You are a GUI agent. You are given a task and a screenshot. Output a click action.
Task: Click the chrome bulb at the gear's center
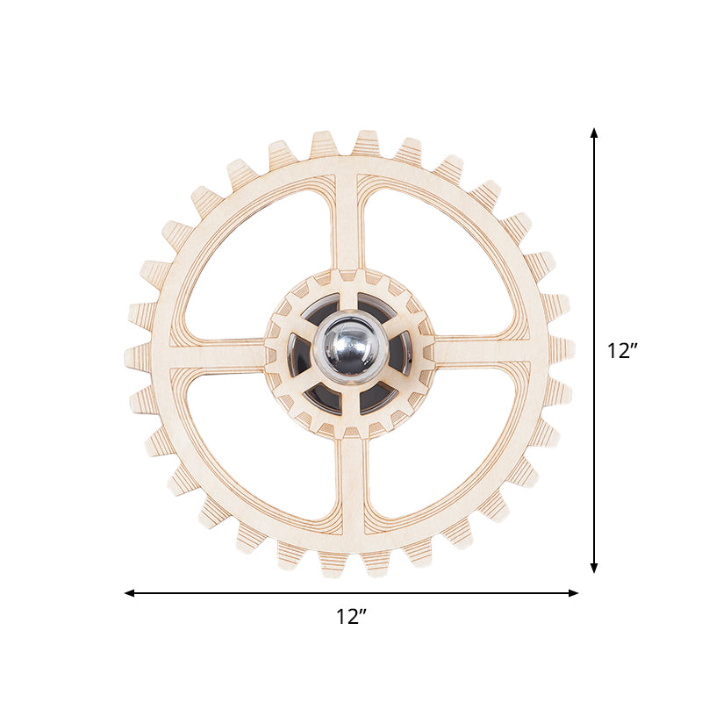click(350, 347)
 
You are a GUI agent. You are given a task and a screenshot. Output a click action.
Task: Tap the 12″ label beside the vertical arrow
click(621, 350)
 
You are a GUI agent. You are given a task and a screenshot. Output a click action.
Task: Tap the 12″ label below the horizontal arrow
click(351, 617)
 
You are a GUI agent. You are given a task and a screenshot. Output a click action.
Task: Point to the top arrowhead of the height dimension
click(594, 133)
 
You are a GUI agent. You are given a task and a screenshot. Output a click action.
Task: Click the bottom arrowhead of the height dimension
click(594, 568)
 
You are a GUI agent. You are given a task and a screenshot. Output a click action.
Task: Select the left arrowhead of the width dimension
click(129, 593)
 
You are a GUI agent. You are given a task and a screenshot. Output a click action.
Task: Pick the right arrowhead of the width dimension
click(573, 593)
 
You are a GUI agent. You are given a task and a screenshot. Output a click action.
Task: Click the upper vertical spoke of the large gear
click(346, 222)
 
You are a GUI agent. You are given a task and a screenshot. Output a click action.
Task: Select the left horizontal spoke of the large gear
click(216, 354)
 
